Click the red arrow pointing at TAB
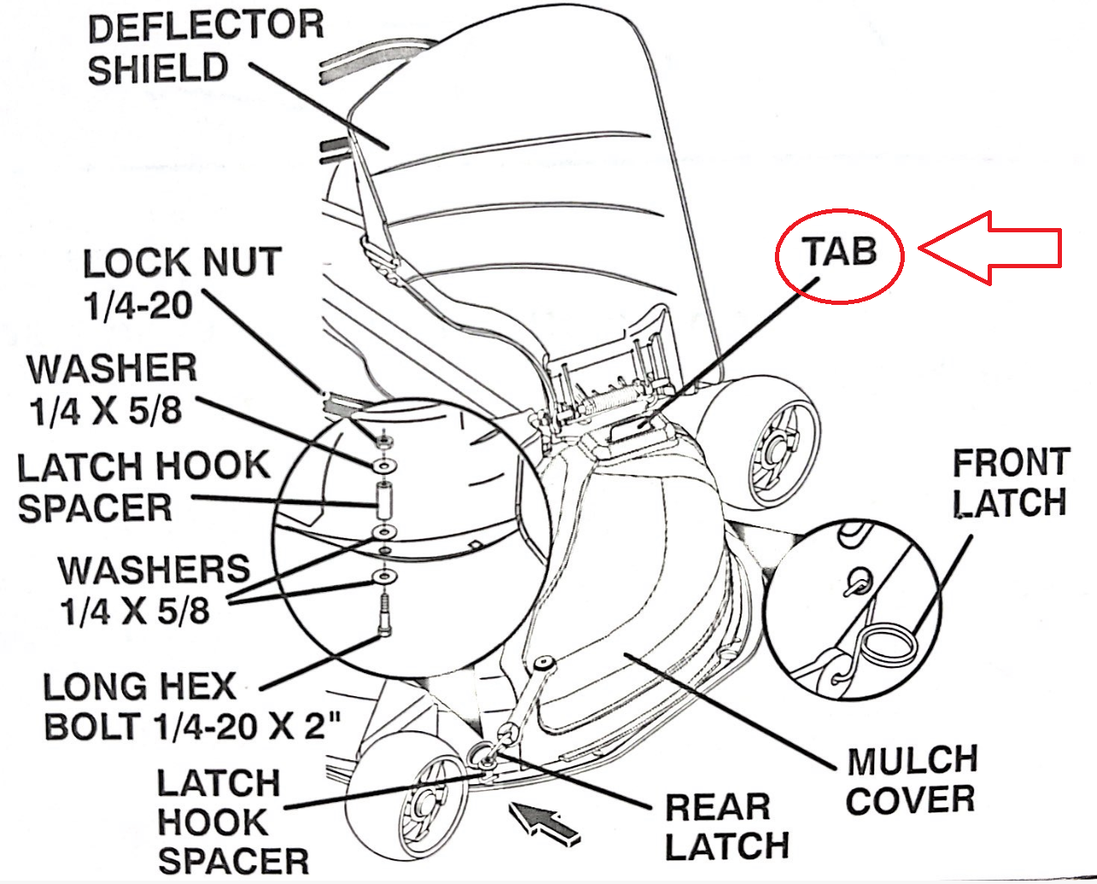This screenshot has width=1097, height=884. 995,249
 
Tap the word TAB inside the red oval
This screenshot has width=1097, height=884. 839,253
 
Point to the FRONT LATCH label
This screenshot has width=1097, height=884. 1010,483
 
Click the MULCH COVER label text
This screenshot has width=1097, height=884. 911,780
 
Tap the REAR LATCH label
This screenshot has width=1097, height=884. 725,826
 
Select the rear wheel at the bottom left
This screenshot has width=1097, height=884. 410,794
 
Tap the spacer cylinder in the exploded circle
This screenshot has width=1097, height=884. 384,499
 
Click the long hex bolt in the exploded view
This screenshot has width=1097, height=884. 384,614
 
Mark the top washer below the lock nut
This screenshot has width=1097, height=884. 384,465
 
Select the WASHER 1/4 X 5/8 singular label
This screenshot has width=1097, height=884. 111,389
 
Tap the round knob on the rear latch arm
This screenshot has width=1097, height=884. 543,664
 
